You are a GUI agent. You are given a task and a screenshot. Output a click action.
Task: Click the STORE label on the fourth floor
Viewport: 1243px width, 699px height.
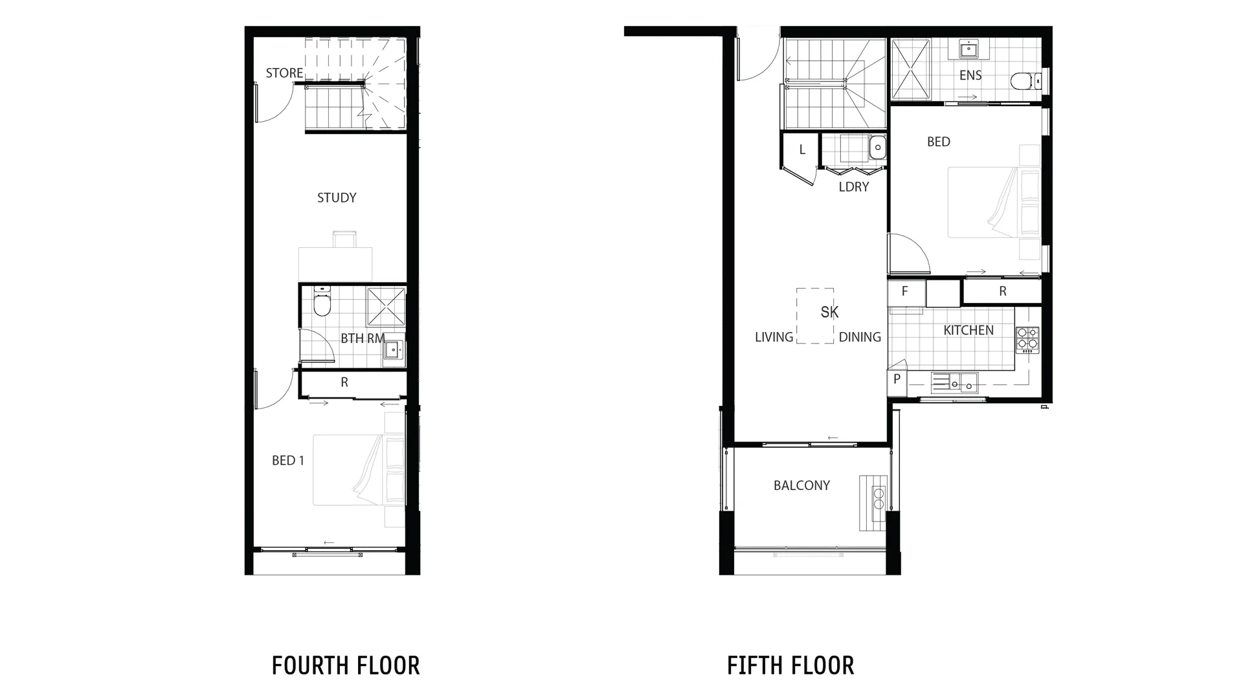(284, 73)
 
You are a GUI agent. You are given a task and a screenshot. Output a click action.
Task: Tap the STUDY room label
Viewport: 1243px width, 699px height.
(337, 198)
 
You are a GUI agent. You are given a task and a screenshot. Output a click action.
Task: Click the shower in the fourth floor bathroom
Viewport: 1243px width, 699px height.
(386, 307)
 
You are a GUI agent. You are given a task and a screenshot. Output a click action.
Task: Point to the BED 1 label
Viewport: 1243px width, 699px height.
(288, 461)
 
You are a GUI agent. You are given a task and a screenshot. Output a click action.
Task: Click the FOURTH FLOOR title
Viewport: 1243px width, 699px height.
(346, 665)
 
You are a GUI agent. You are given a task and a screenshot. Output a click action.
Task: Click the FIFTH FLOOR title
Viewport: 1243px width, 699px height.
(790, 665)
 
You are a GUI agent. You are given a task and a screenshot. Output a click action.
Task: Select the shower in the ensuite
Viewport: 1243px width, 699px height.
(911, 69)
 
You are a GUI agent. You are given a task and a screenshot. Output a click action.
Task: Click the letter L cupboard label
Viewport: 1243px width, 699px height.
(802, 150)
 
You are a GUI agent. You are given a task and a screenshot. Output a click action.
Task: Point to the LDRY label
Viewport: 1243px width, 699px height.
(853, 187)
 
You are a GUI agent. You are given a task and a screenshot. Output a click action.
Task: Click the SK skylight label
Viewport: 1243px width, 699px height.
(829, 313)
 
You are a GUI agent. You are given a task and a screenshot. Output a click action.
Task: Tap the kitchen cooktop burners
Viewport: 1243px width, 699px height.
(1027, 340)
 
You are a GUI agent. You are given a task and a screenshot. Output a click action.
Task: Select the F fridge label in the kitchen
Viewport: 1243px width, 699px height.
(904, 292)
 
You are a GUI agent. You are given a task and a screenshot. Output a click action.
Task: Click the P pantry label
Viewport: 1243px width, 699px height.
(897, 379)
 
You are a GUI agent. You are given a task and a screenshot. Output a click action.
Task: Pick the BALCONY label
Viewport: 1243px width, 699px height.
(801, 485)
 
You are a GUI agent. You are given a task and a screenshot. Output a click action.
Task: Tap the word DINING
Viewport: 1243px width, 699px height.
(860, 337)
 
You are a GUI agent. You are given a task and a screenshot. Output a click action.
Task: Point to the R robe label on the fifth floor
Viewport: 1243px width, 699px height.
(1003, 292)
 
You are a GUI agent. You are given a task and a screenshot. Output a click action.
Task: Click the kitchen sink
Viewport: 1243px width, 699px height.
(954, 383)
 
